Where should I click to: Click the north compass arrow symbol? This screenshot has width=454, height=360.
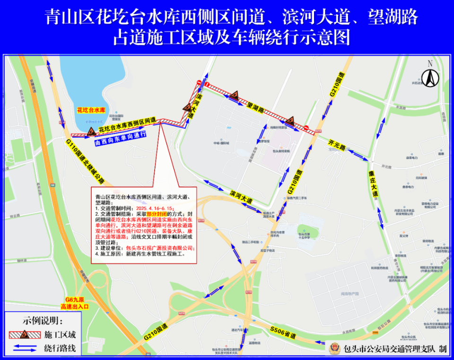430,75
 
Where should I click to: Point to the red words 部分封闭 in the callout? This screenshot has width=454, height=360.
158,214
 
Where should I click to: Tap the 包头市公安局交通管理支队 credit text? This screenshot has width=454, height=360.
388,349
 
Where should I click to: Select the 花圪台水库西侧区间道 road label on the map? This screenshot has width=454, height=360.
127,125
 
